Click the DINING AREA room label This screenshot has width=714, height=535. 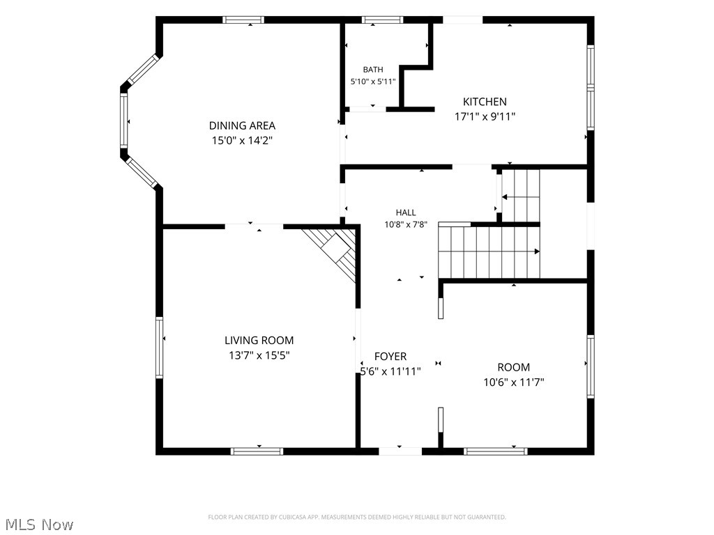pyautogui.click(x=242, y=125)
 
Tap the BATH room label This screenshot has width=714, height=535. pyautogui.click(x=373, y=70)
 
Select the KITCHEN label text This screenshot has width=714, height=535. pyautogui.click(x=485, y=102)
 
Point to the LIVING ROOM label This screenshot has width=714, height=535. pyautogui.click(x=259, y=340)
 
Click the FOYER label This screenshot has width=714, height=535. pyautogui.click(x=390, y=357)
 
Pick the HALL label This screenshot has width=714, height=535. pyautogui.click(x=405, y=212)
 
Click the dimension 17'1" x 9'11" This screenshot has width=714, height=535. pyautogui.click(x=485, y=117)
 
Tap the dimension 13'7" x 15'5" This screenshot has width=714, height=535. pyautogui.click(x=259, y=355)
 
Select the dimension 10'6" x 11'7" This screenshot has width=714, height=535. pyautogui.click(x=514, y=382)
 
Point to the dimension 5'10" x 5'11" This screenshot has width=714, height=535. pyautogui.click(x=373, y=82)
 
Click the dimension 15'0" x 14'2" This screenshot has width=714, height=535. pyautogui.click(x=242, y=141)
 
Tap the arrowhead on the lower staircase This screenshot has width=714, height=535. pyautogui.click(x=537, y=251)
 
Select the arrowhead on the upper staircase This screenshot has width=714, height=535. pyautogui.click(x=505, y=197)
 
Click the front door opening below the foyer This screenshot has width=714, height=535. pyautogui.click(x=400, y=451)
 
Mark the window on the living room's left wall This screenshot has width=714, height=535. pyautogui.click(x=160, y=348)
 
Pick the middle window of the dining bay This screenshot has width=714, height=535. pyautogui.click(x=124, y=121)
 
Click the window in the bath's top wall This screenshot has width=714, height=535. pyautogui.click(x=383, y=20)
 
